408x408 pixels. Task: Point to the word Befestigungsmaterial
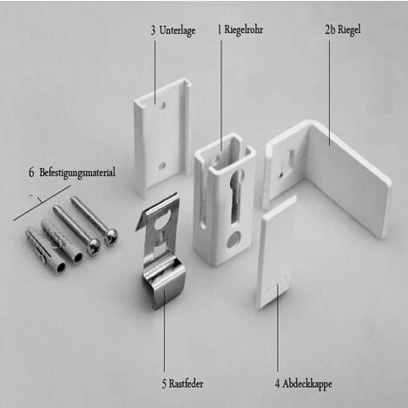click(76, 173)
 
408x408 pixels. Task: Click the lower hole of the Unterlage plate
click(161, 163)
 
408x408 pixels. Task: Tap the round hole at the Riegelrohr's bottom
click(232, 239)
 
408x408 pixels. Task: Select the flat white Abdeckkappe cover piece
click(276, 252)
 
